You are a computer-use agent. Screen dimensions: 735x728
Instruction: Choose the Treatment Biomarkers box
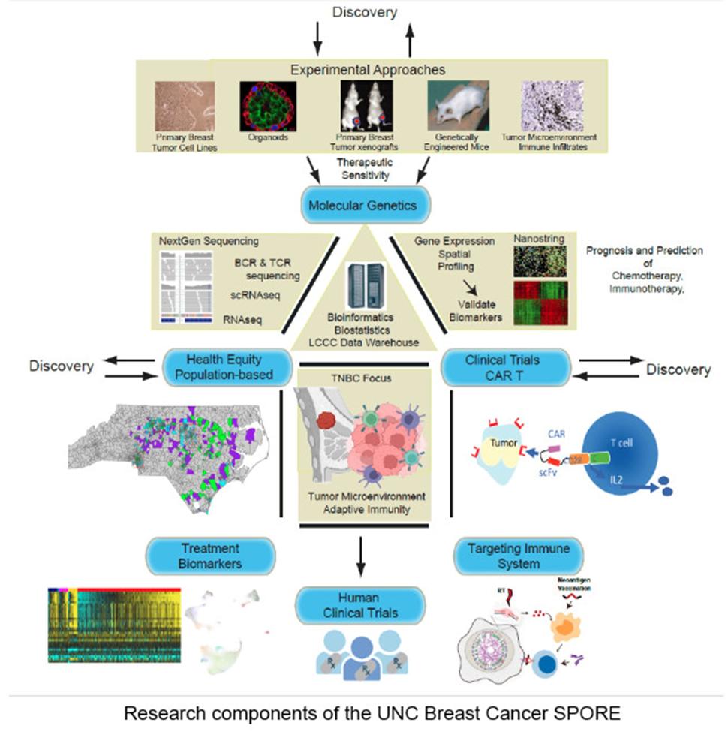211,555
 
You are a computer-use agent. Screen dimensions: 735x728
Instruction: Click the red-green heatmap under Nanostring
540,301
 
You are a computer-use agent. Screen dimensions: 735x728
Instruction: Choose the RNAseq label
243,318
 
